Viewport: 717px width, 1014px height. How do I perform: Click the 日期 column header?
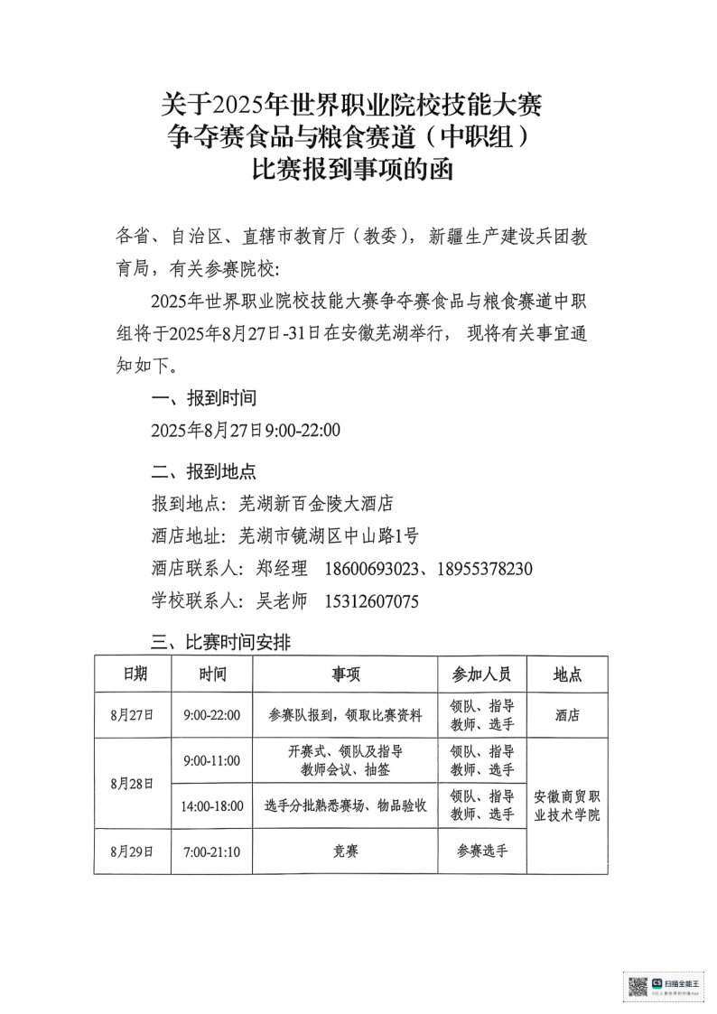click(132, 674)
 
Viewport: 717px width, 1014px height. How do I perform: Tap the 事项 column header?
click(345, 674)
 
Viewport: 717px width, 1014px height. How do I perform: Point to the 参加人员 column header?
click(482, 674)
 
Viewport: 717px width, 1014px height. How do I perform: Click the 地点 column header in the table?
click(567, 674)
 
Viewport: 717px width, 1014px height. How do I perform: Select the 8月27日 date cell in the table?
click(132, 715)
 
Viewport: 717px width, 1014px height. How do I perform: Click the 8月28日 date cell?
click(132, 783)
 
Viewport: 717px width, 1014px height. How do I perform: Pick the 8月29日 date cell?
click(132, 851)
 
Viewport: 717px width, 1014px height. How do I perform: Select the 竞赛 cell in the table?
click(345, 851)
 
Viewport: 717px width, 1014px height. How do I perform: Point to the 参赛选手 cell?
click(482, 851)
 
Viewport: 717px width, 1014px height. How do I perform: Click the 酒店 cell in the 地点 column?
click(567, 715)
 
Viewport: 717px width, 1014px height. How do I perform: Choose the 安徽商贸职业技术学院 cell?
click(567, 805)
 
